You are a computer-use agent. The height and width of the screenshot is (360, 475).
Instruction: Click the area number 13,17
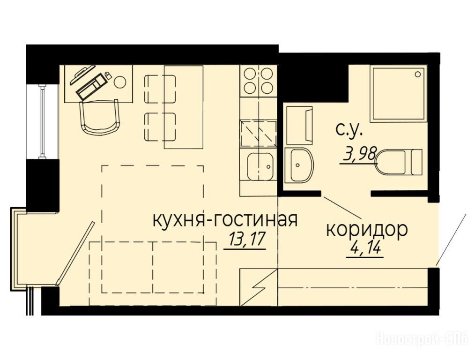[245, 240]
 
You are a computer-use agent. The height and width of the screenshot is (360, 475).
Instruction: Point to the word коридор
[366, 230]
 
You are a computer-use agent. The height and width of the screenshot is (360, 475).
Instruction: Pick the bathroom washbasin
[299, 165]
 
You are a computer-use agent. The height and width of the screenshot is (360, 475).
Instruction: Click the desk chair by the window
[99, 117]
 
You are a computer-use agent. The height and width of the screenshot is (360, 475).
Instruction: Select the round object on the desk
[121, 82]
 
